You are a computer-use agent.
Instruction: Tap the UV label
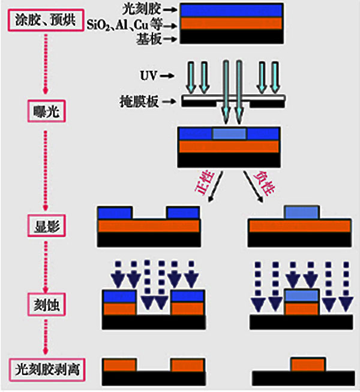click(148, 76)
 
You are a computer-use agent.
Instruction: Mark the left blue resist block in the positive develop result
click(115, 213)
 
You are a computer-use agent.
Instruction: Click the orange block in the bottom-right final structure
click(308, 364)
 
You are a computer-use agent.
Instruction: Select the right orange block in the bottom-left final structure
click(188, 365)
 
